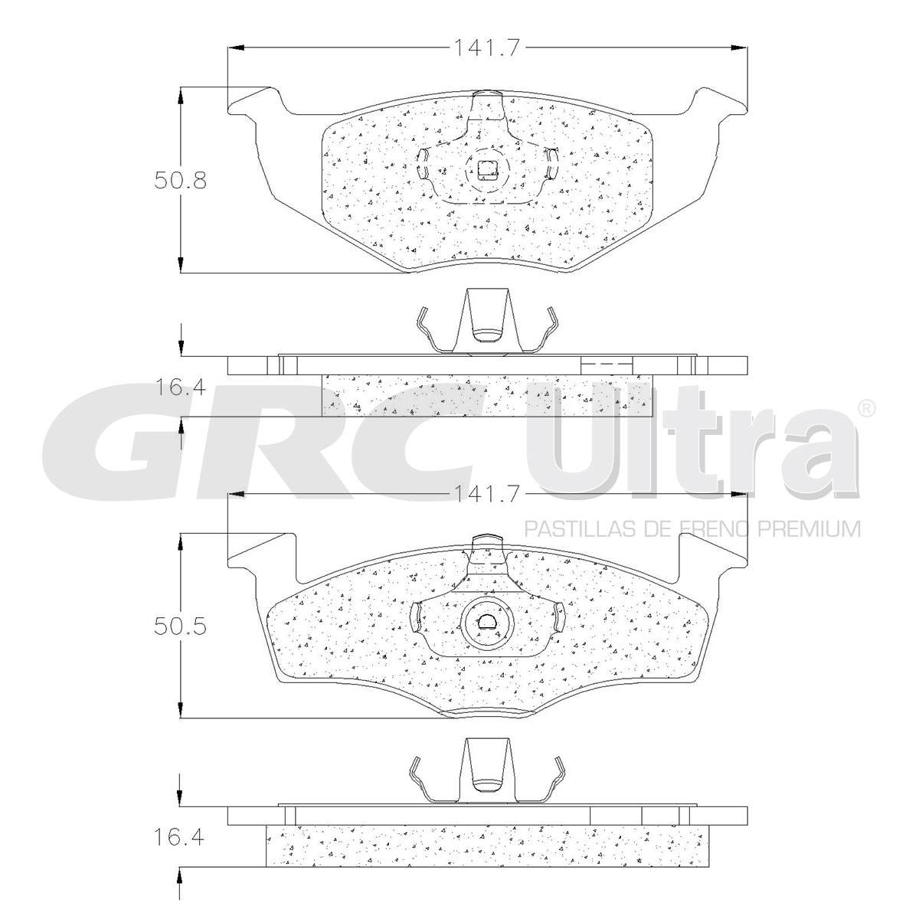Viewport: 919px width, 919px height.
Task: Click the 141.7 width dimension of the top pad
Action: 486,47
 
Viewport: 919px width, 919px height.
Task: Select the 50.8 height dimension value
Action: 180,181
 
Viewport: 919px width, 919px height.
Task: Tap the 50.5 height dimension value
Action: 180,626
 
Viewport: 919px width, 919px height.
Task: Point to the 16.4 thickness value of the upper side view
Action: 180,388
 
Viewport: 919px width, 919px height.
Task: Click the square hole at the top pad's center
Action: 487,169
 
